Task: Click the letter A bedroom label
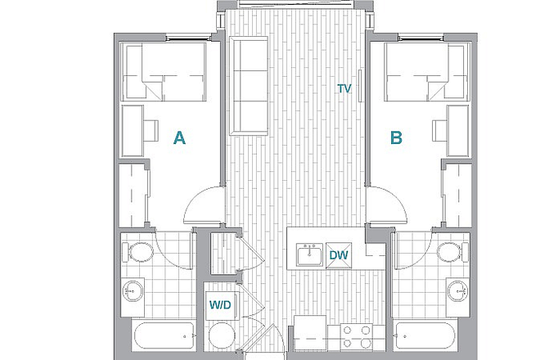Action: pos(179,137)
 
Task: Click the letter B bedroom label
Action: pos(396,137)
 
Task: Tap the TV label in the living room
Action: pos(344,88)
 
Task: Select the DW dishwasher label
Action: pos(339,255)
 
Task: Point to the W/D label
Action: pos(220,305)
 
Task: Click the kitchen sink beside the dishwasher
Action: pos(309,254)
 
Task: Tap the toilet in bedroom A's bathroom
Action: pos(137,251)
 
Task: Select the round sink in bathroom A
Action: pos(133,291)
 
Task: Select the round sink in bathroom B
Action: pos(457,291)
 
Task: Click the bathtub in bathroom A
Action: pos(164,336)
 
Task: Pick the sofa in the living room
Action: pos(249,86)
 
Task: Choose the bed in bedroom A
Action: pos(164,72)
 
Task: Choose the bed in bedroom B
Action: pos(427,72)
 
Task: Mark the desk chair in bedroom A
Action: pos(151,131)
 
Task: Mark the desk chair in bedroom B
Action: pos(439,131)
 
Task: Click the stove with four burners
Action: pos(357,337)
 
